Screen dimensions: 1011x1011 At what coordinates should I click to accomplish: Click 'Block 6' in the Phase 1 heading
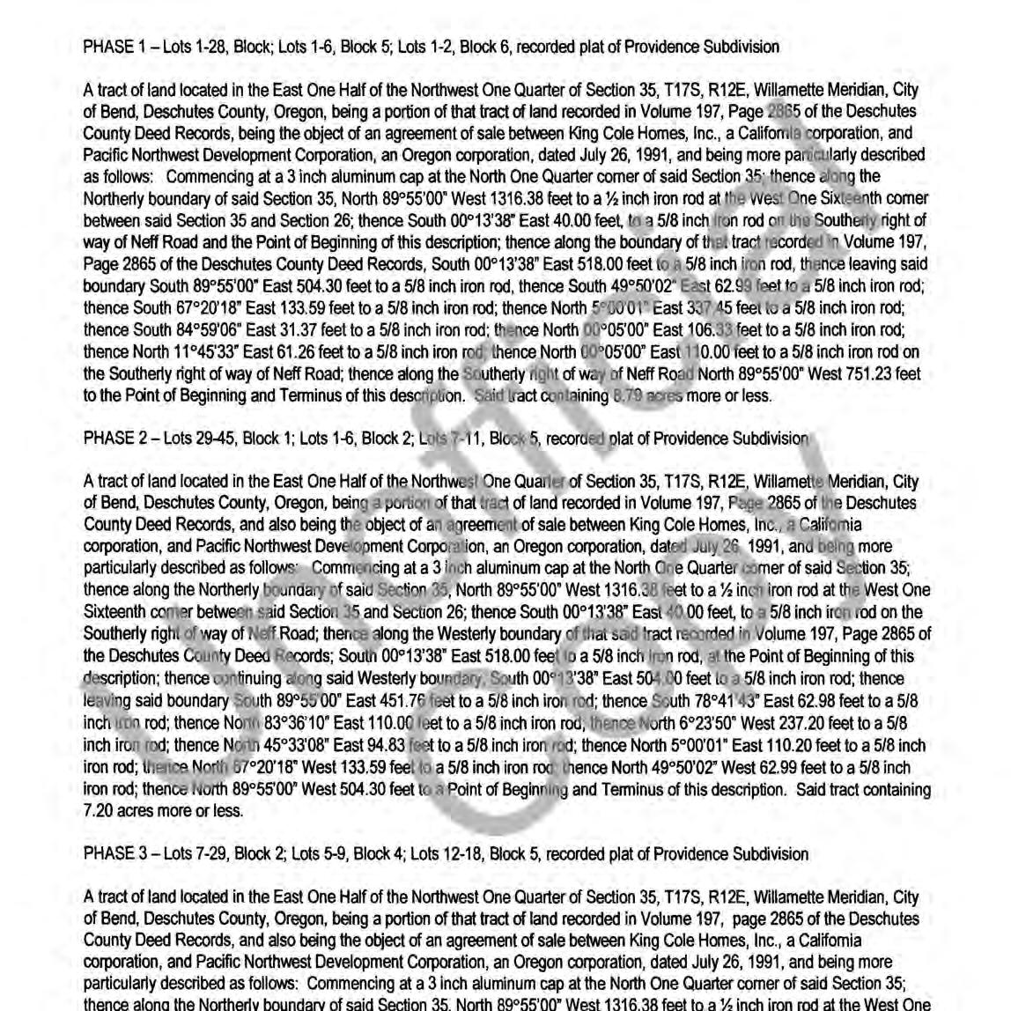click(482, 47)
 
